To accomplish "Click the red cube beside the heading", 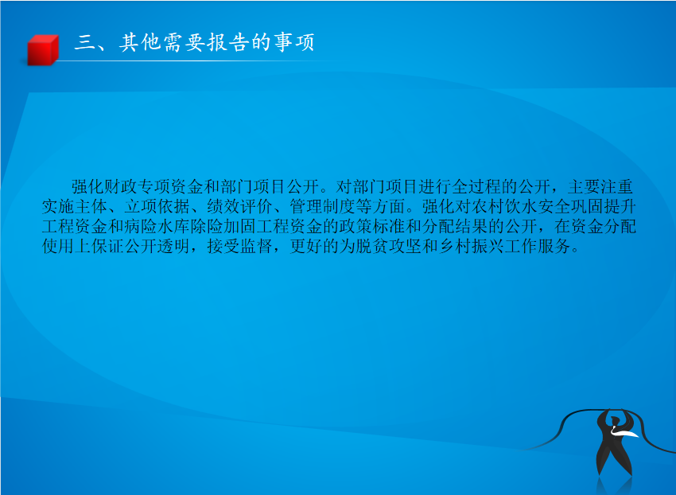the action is pos(43,49).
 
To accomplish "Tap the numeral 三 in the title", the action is pos(85,42).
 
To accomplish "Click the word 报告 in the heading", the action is pos(228,42).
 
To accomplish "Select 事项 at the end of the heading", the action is pos(294,42).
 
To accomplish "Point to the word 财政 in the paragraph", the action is pos(121,186).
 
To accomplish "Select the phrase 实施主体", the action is pos(75,206).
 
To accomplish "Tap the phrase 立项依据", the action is pos(157,206).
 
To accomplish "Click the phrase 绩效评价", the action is pos(239,206).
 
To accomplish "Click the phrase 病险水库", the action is pos(157,227).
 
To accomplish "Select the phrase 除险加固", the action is pos(223,227).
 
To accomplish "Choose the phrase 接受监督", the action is pos(239,247).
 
